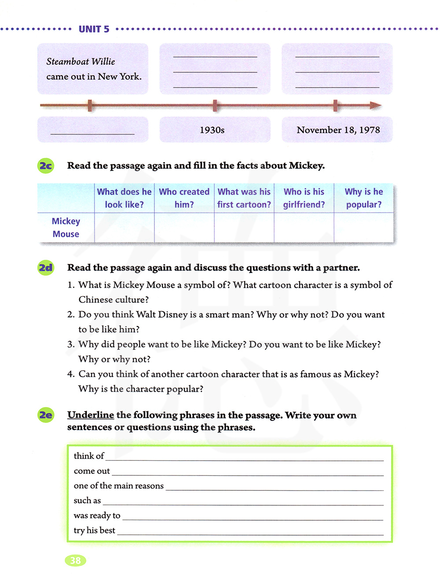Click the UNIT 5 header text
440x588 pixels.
tap(94, 29)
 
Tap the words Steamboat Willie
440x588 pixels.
tap(81, 62)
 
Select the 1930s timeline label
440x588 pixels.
tap(212, 130)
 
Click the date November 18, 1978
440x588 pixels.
tap(338, 130)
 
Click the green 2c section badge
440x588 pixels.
tap(46, 166)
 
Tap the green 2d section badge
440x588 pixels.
tap(46, 268)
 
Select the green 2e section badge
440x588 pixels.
tap(46, 415)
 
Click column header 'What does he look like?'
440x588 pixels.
tap(124, 198)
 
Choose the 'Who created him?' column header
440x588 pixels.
tap(184, 198)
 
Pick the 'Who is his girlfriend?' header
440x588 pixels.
tap(304, 198)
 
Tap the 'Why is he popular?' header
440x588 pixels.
tap(363, 198)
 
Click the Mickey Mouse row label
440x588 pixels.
tap(66, 228)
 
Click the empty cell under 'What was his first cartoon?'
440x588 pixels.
tap(244, 228)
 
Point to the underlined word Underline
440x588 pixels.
tap(91, 415)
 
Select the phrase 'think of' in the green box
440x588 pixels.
tap(89, 456)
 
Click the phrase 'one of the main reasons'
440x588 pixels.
tap(119, 486)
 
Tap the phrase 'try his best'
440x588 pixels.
tap(95, 530)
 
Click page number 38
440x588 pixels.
tap(76, 560)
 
